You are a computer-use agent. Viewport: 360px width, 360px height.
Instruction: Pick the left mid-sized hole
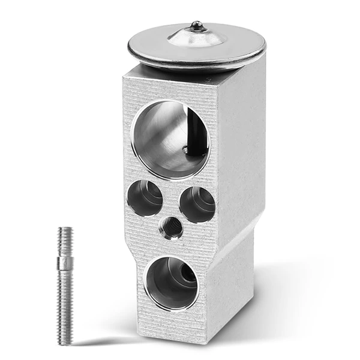pyautogui.click(x=145, y=198)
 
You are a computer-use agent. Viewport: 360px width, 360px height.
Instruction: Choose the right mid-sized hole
pyautogui.click(x=197, y=204)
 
